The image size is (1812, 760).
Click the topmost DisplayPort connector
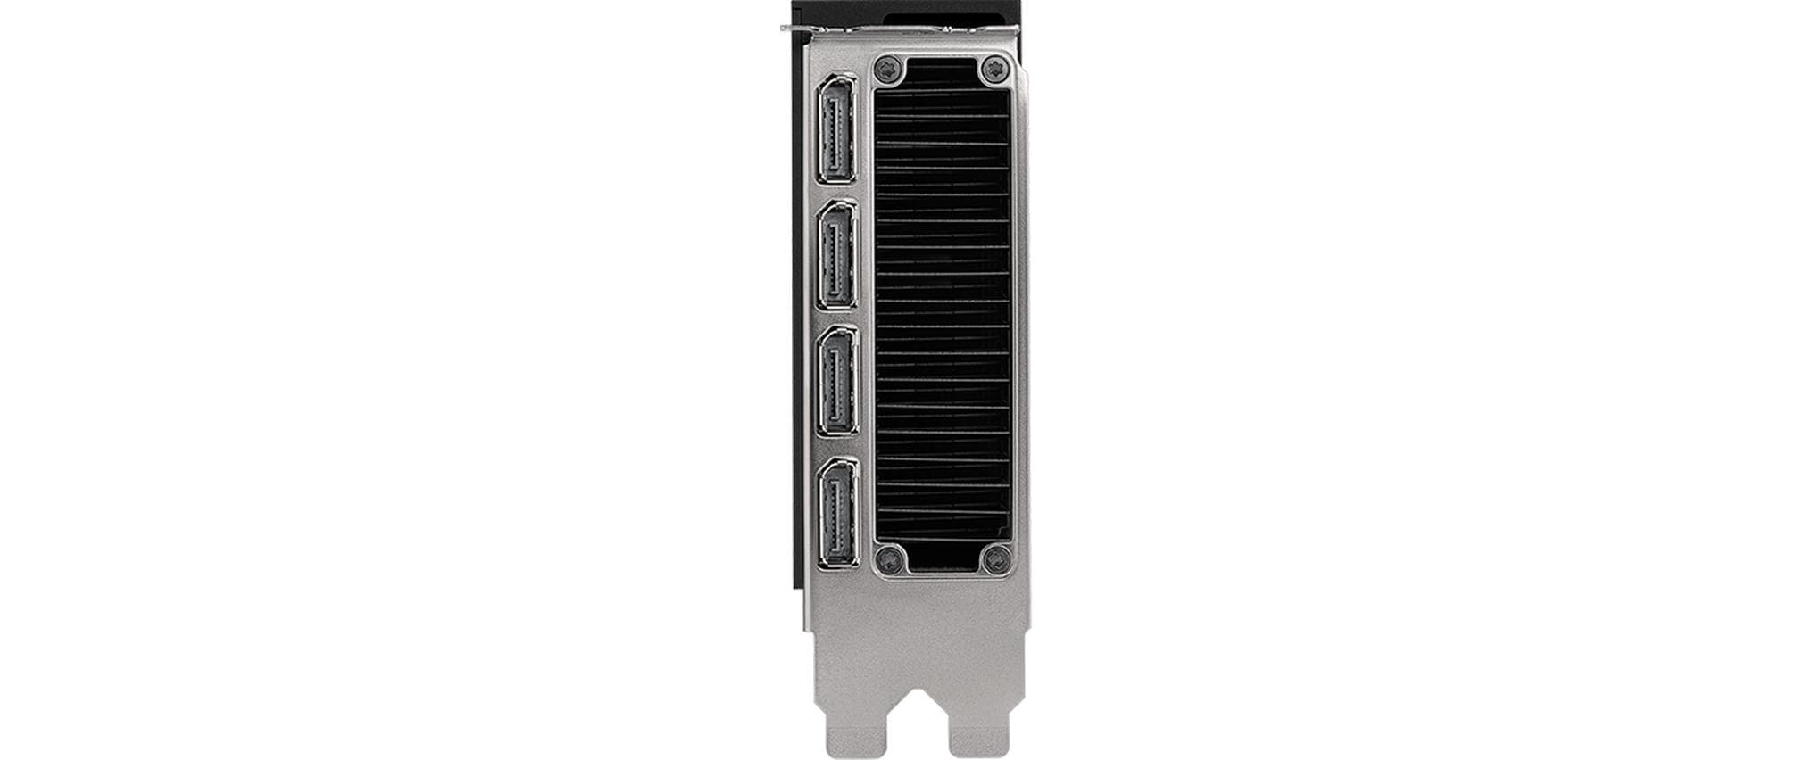coord(836,130)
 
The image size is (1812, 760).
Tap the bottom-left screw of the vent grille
coord(889,559)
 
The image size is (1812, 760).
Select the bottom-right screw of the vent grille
coord(995,559)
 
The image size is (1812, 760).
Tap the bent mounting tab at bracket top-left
coord(796,29)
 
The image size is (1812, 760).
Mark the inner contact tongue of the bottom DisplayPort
coord(834,512)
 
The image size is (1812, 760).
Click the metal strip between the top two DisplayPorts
coord(836,192)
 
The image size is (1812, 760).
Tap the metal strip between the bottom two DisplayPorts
coord(836,446)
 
